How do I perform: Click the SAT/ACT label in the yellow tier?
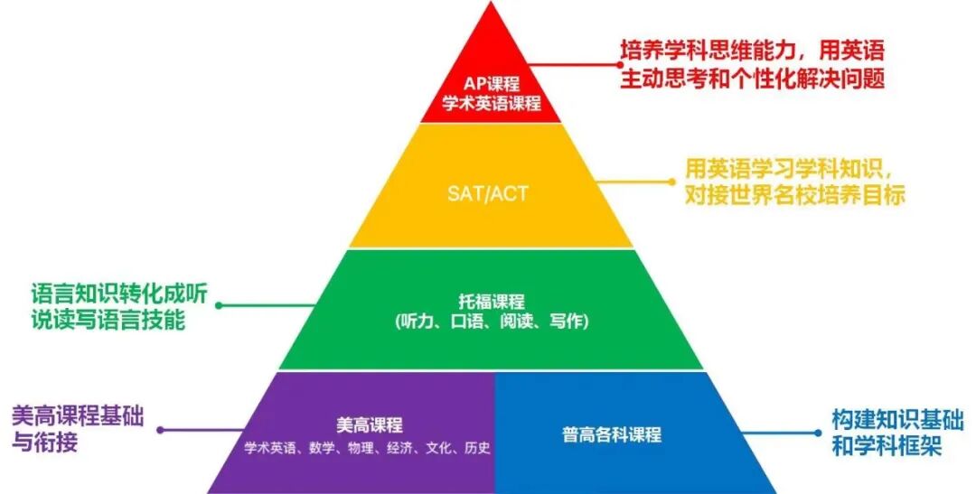488,193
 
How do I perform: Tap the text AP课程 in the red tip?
491,84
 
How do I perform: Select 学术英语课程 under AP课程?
491,103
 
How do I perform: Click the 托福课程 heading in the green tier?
491,303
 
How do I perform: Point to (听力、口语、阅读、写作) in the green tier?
491,322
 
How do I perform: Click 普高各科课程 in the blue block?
612,434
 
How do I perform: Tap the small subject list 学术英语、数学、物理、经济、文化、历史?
367,448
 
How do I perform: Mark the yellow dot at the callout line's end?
672,182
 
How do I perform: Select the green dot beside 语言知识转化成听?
219,305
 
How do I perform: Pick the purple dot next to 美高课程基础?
160,430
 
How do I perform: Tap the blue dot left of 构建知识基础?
819,433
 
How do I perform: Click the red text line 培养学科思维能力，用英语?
752,51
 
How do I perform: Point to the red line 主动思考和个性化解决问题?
752,79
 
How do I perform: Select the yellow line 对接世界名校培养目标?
795,195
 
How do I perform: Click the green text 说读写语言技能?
108,320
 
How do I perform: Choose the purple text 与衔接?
45,443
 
